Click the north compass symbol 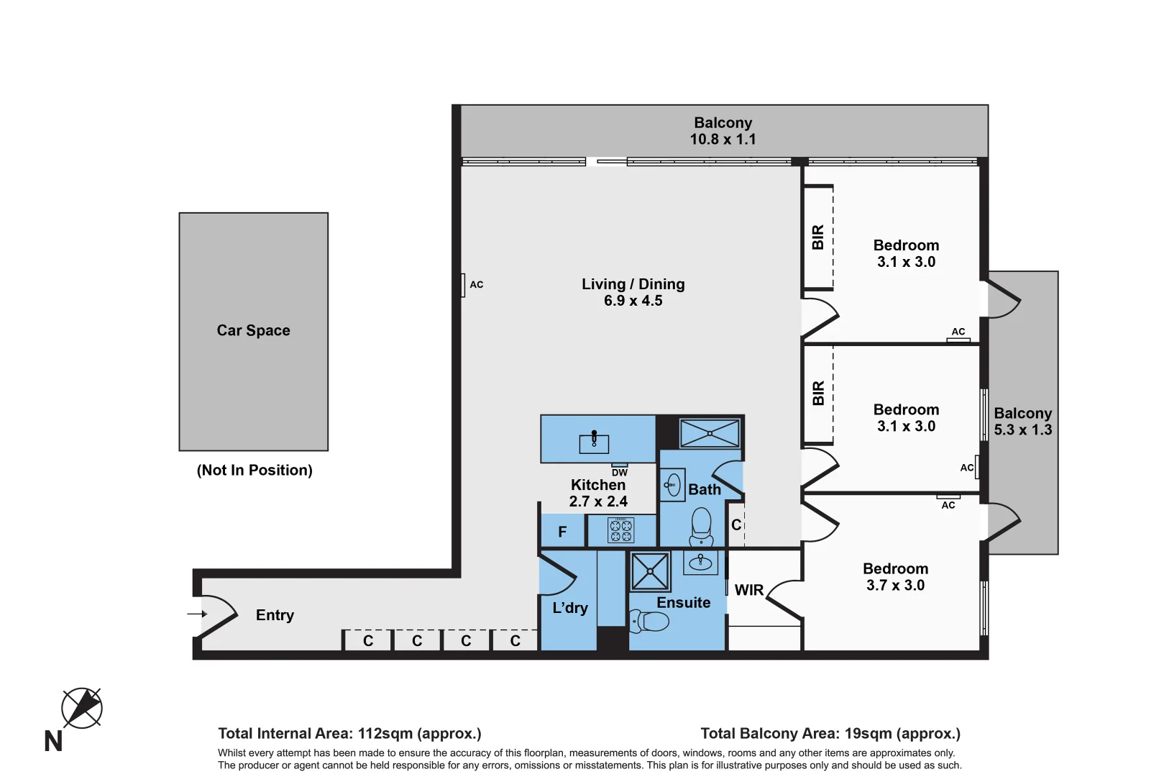point(81,708)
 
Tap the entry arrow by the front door point(197,614)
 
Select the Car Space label point(253,330)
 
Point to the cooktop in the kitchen point(621,530)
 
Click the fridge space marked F point(562,532)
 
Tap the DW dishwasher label point(619,473)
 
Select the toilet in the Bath point(701,527)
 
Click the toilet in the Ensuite point(650,619)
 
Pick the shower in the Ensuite point(650,571)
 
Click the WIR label point(748,590)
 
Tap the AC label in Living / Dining point(477,285)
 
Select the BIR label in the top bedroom point(817,237)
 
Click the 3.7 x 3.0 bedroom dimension point(895,586)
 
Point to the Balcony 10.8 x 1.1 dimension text point(723,140)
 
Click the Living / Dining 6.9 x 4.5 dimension point(633,301)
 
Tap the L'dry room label point(569,608)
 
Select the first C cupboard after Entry point(368,640)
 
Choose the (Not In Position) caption point(255,470)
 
